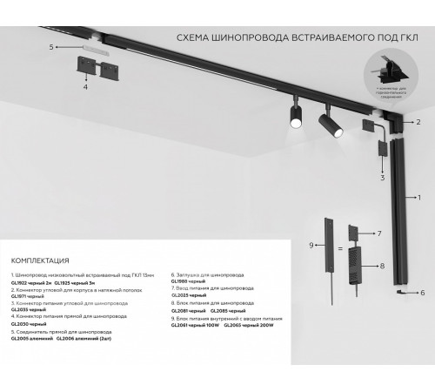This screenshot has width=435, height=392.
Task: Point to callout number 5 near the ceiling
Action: (51, 45)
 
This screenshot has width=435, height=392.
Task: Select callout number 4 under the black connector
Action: (85, 87)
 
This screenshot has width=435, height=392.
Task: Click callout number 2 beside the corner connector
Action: (418, 122)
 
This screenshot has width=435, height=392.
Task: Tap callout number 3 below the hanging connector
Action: (381, 177)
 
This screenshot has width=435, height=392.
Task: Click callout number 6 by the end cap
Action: (422, 294)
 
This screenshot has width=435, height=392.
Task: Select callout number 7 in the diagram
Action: (379, 234)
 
